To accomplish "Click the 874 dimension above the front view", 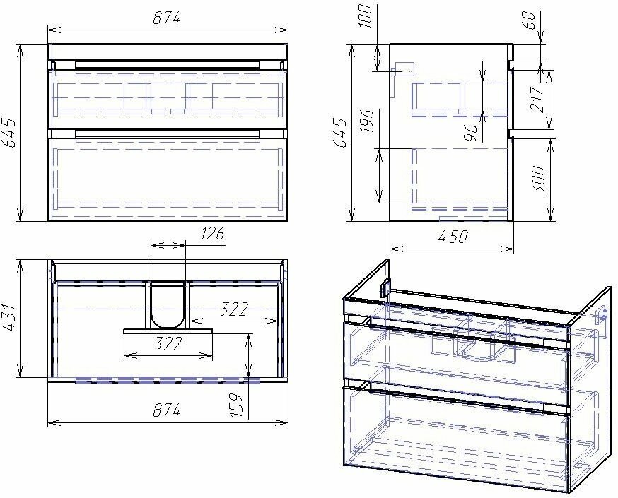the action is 167,18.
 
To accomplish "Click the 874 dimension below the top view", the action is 167,410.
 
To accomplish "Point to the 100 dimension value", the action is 366,16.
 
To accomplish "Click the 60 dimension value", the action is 530,20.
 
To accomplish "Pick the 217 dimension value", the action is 537,99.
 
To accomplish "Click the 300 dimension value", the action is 538,180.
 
